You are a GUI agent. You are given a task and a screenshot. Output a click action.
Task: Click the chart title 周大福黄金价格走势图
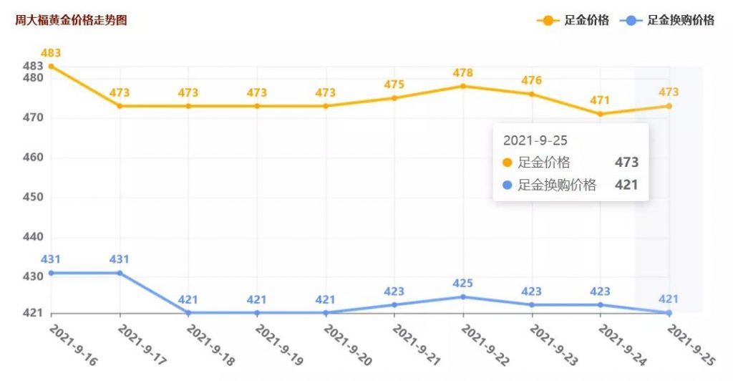pyautogui.click(x=71, y=20)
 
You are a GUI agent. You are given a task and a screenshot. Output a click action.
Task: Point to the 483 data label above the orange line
pyautogui.click(x=51, y=53)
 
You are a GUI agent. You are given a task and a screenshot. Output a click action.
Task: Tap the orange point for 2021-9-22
pyautogui.click(x=463, y=86)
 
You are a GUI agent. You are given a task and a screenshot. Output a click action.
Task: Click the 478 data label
pyautogui.click(x=463, y=72)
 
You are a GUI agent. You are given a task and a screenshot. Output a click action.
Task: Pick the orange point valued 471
pyautogui.click(x=601, y=114)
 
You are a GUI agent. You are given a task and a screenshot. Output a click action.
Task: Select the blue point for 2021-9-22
pyautogui.click(x=463, y=296)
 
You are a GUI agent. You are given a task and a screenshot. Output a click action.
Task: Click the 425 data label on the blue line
pyautogui.click(x=463, y=284)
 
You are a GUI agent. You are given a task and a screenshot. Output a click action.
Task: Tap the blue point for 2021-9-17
pyautogui.click(x=120, y=273)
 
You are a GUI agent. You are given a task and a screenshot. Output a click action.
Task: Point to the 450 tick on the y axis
pyautogui.click(x=34, y=197)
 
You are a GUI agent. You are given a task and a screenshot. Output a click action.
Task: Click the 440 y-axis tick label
pyautogui.click(x=34, y=237)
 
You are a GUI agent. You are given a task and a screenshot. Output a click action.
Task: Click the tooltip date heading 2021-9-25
pyautogui.click(x=535, y=140)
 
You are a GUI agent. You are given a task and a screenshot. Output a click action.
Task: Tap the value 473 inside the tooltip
pyautogui.click(x=626, y=163)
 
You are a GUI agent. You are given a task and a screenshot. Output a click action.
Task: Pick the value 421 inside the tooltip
pyautogui.click(x=626, y=185)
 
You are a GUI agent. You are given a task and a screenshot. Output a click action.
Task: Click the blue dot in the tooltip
pyautogui.click(x=508, y=185)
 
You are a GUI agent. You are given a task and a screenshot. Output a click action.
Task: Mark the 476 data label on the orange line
pyautogui.click(x=532, y=80)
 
